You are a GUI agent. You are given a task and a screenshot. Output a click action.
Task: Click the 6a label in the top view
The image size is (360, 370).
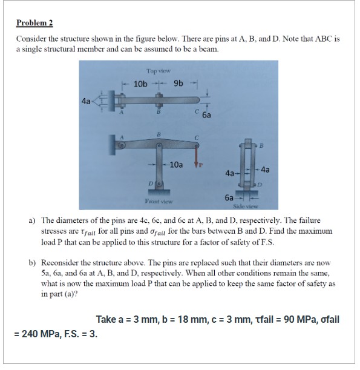click(206, 114)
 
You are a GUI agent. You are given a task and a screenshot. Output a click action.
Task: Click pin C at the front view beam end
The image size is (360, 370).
click(195, 144)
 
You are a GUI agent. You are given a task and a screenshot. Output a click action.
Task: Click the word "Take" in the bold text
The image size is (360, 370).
click(107, 319)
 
